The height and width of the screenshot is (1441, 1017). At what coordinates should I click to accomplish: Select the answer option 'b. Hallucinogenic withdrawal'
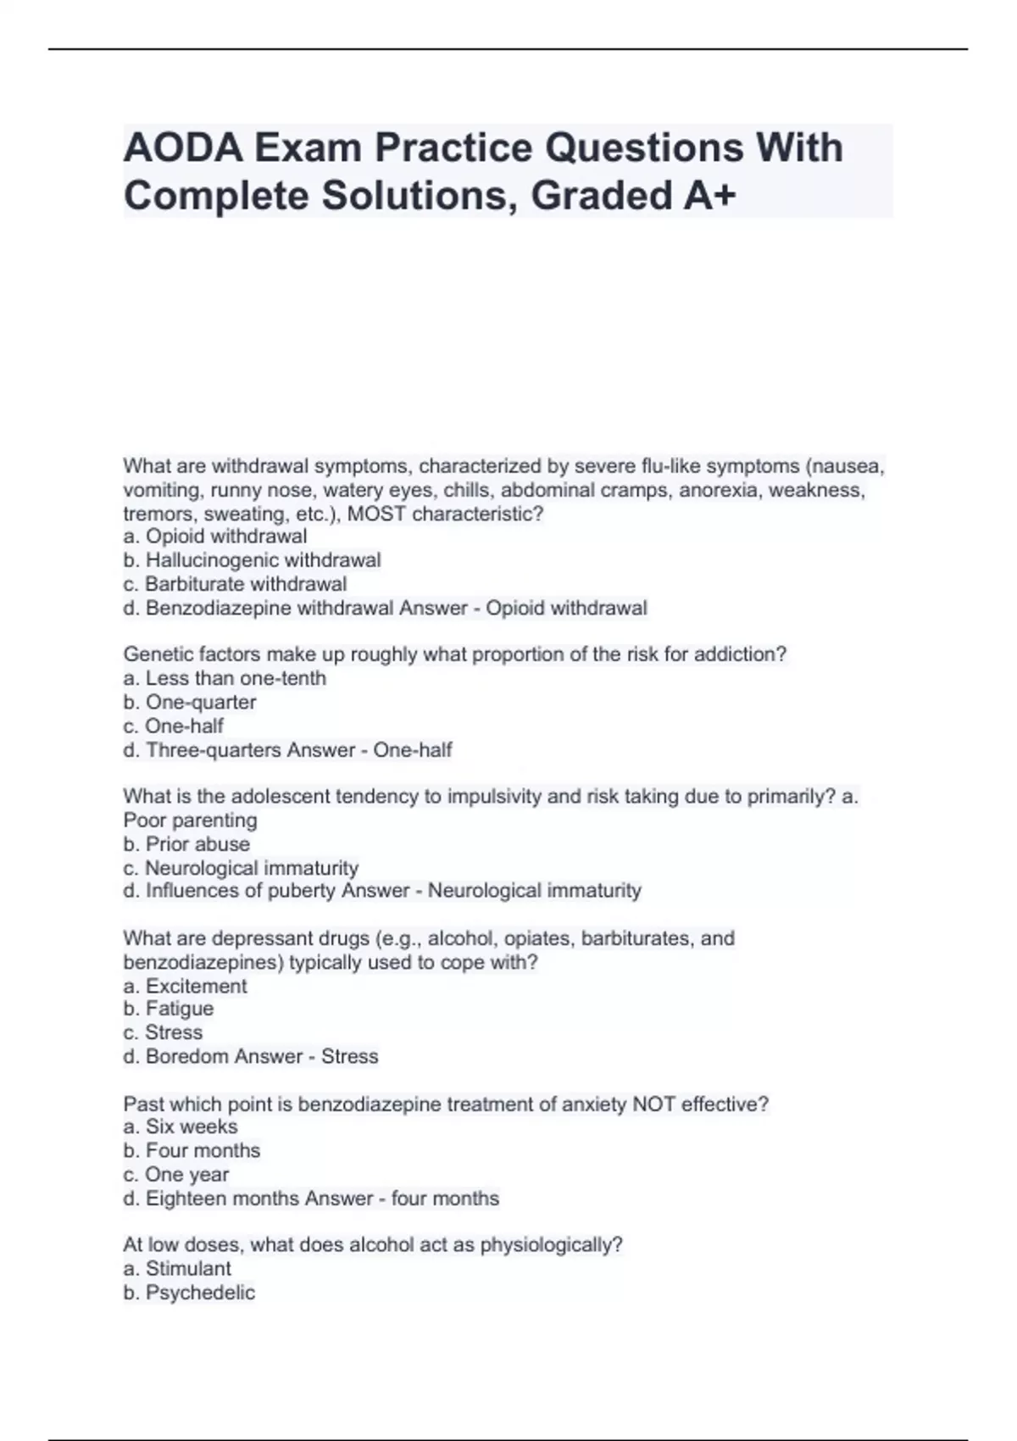coord(252,560)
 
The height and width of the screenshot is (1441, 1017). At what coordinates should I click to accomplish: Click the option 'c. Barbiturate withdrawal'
coord(235,584)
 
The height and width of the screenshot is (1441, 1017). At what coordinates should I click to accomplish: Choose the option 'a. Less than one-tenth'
coord(225,678)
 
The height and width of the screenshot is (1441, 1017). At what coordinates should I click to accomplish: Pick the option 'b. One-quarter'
coord(190,702)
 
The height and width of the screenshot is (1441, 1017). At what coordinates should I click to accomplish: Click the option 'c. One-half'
coord(174,726)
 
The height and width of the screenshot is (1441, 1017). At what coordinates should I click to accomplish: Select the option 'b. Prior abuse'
coord(186,844)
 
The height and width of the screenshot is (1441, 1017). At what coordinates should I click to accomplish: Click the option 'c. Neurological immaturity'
coord(241,868)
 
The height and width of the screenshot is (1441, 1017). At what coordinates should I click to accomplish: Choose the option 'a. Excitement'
coord(185,986)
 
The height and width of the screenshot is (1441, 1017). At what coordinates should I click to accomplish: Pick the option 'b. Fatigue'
coord(169,1009)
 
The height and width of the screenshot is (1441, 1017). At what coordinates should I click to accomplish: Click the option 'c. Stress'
coord(163,1032)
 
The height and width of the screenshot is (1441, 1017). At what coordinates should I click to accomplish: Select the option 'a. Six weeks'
coord(181,1127)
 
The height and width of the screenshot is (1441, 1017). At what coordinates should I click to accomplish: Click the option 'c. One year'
coord(176,1175)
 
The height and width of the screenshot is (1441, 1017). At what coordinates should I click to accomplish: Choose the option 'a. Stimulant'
coord(177,1269)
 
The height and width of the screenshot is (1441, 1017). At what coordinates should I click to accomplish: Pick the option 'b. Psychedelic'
coord(189,1293)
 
